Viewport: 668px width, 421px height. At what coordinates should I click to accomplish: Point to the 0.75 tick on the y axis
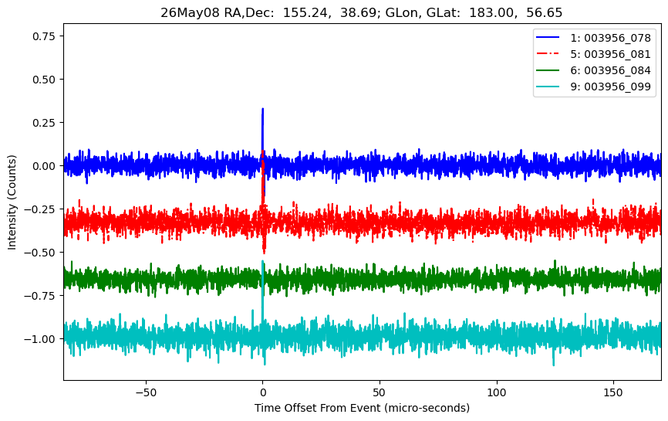[44, 36]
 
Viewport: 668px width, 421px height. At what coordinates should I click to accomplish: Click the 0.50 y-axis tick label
[44, 80]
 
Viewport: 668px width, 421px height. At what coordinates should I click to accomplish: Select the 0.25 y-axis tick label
[44, 123]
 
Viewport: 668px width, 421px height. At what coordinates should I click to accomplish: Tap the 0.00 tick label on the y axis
[44, 166]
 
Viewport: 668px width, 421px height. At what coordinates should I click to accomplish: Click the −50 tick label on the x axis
[146, 392]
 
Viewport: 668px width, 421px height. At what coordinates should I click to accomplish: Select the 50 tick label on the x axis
[380, 392]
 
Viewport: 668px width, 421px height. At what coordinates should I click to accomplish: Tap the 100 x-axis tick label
[496, 392]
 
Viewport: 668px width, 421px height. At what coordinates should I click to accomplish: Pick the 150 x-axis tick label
[613, 392]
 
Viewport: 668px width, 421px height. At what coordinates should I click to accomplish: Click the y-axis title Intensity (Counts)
[12, 202]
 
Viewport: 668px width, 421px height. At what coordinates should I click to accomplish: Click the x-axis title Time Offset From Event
[317, 408]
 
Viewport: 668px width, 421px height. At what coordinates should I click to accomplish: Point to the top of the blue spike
[262, 109]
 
